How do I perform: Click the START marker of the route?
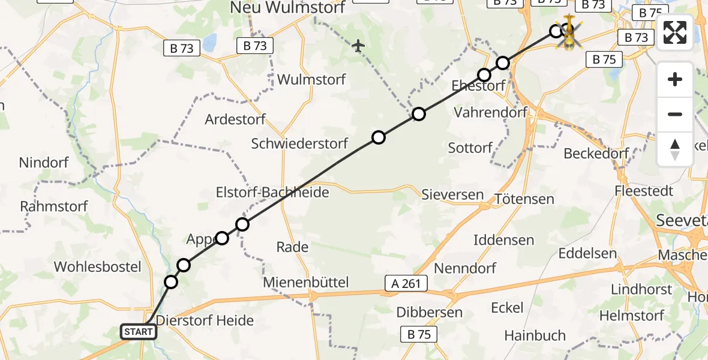139,332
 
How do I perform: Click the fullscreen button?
675,32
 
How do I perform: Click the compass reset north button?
675,149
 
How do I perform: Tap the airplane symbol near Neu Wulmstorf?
358,46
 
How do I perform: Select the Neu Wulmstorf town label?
287,8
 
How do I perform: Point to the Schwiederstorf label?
299,144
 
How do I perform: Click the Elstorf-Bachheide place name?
272,193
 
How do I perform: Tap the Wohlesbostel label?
98,266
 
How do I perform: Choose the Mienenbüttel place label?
306,282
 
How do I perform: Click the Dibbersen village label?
430,313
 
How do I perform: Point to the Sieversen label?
452,194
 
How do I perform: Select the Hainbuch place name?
535,335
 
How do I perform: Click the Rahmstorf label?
54,206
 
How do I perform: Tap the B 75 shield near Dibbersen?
418,334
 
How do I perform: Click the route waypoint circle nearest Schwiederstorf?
378,137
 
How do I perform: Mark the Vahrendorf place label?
491,112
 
